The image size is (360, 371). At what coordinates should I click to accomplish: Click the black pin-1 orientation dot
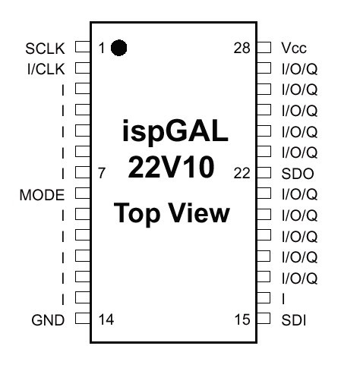(118, 48)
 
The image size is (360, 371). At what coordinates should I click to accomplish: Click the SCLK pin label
(45, 49)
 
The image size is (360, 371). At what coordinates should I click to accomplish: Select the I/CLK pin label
(46, 69)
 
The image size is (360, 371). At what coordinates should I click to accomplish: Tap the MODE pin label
(42, 195)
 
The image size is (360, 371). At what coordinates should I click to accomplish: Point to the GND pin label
(48, 320)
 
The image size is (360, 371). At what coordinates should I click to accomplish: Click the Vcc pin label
(294, 48)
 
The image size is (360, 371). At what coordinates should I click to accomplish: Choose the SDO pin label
(298, 174)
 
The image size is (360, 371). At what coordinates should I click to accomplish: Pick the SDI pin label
(294, 320)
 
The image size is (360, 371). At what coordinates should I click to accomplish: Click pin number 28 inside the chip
(242, 48)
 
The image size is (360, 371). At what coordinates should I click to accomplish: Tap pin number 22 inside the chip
(242, 174)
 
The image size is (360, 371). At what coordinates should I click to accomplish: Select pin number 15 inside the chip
(242, 319)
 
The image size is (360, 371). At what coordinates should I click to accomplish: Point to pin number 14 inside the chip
(106, 319)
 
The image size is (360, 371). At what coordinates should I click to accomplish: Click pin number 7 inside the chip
(102, 173)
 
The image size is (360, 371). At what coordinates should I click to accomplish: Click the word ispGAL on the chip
(175, 131)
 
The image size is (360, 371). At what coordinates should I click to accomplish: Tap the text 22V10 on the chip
(171, 167)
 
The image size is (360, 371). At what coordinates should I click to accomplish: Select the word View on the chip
(199, 213)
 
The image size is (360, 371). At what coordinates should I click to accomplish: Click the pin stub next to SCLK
(83, 47)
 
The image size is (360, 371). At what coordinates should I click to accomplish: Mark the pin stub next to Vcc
(264, 47)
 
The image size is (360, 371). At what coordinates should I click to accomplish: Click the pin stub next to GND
(83, 319)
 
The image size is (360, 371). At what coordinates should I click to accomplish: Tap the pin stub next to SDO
(264, 173)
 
